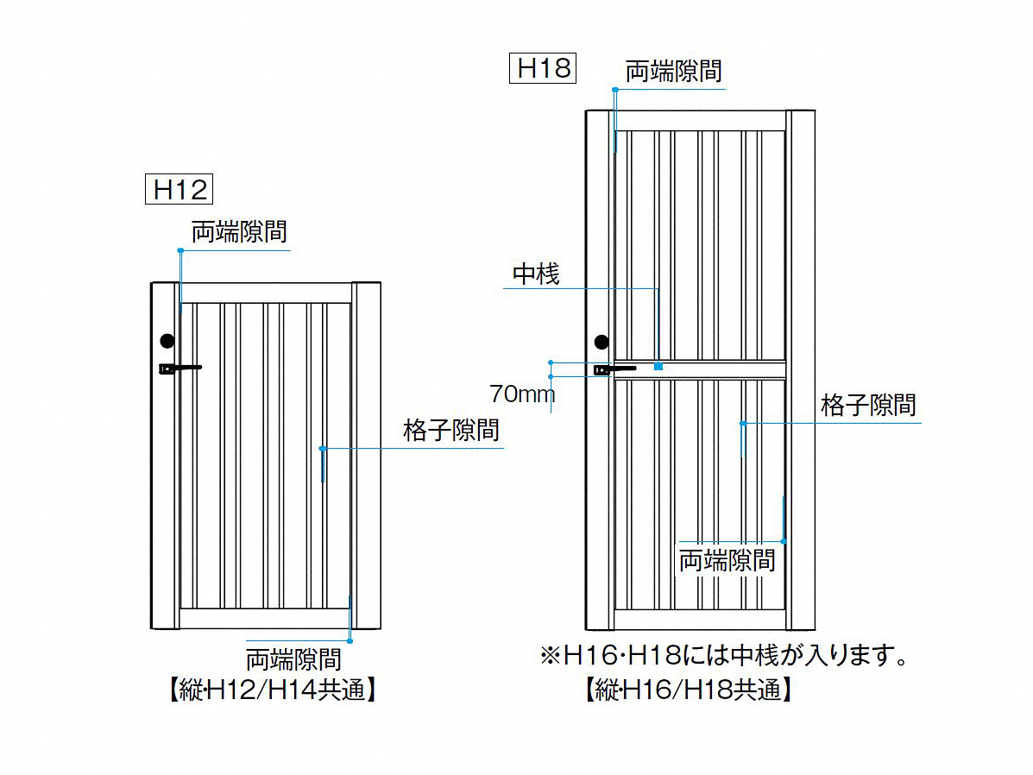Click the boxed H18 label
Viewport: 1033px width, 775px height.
point(544,67)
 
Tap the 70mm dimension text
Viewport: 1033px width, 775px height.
point(521,394)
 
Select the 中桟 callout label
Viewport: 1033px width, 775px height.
point(536,274)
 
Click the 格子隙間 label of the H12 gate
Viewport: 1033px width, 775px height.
point(450,430)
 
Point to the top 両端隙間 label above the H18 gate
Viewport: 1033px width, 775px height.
point(673,71)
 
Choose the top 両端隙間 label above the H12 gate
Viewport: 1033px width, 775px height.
point(239,232)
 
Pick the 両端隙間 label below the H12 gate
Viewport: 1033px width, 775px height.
point(294,659)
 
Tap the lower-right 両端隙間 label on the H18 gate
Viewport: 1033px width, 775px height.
point(727,560)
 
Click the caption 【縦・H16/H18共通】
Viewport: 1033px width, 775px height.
point(688,690)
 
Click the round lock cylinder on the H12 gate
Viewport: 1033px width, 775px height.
point(167,341)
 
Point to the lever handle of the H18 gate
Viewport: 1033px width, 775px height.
point(614,369)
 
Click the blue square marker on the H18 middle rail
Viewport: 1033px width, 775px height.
point(658,368)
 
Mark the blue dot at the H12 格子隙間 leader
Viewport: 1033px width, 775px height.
point(321,449)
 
